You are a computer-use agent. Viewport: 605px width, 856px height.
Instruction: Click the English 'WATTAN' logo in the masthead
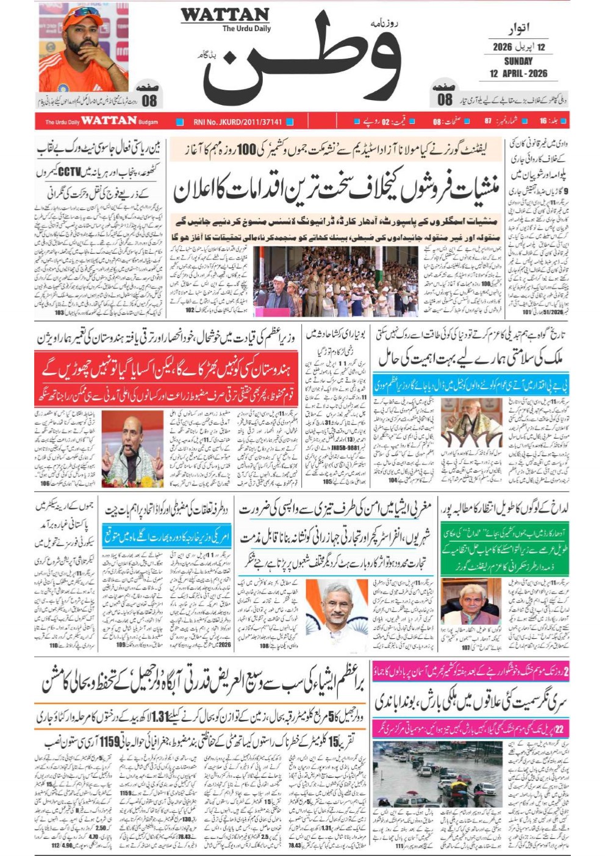[224, 15]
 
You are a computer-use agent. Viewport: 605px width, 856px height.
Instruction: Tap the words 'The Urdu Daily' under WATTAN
[246, 29]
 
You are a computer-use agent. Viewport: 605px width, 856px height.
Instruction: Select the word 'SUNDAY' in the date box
[518, 61]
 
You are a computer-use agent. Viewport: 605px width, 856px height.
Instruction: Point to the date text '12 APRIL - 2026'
[518, 74]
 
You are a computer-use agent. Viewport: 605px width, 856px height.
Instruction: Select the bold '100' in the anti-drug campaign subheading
[246, 149]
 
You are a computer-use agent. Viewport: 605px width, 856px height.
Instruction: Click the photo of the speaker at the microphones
[132, 448]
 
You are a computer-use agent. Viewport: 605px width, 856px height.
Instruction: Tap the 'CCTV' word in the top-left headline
[69, 172]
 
